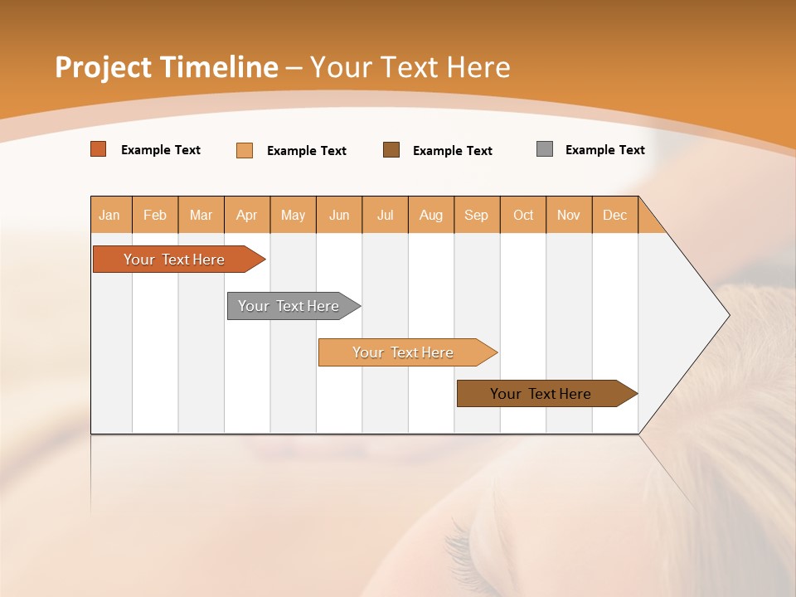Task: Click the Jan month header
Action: click(110, 215)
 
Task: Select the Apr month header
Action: click(247, 215)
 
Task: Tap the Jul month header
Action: click(385, 215)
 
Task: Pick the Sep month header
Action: click(476, 215)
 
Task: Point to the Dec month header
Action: click(614, 215)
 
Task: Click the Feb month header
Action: click(155, 215)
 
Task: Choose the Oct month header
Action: click(523, 215)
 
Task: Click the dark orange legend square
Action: click(99, 149)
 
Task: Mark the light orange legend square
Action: click(245, 150)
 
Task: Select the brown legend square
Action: click(391, 150)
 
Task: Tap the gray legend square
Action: click(545, 149)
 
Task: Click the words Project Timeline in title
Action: click(166, 67)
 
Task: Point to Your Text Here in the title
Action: click(410, 67)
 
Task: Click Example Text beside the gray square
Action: click(604, 150)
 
